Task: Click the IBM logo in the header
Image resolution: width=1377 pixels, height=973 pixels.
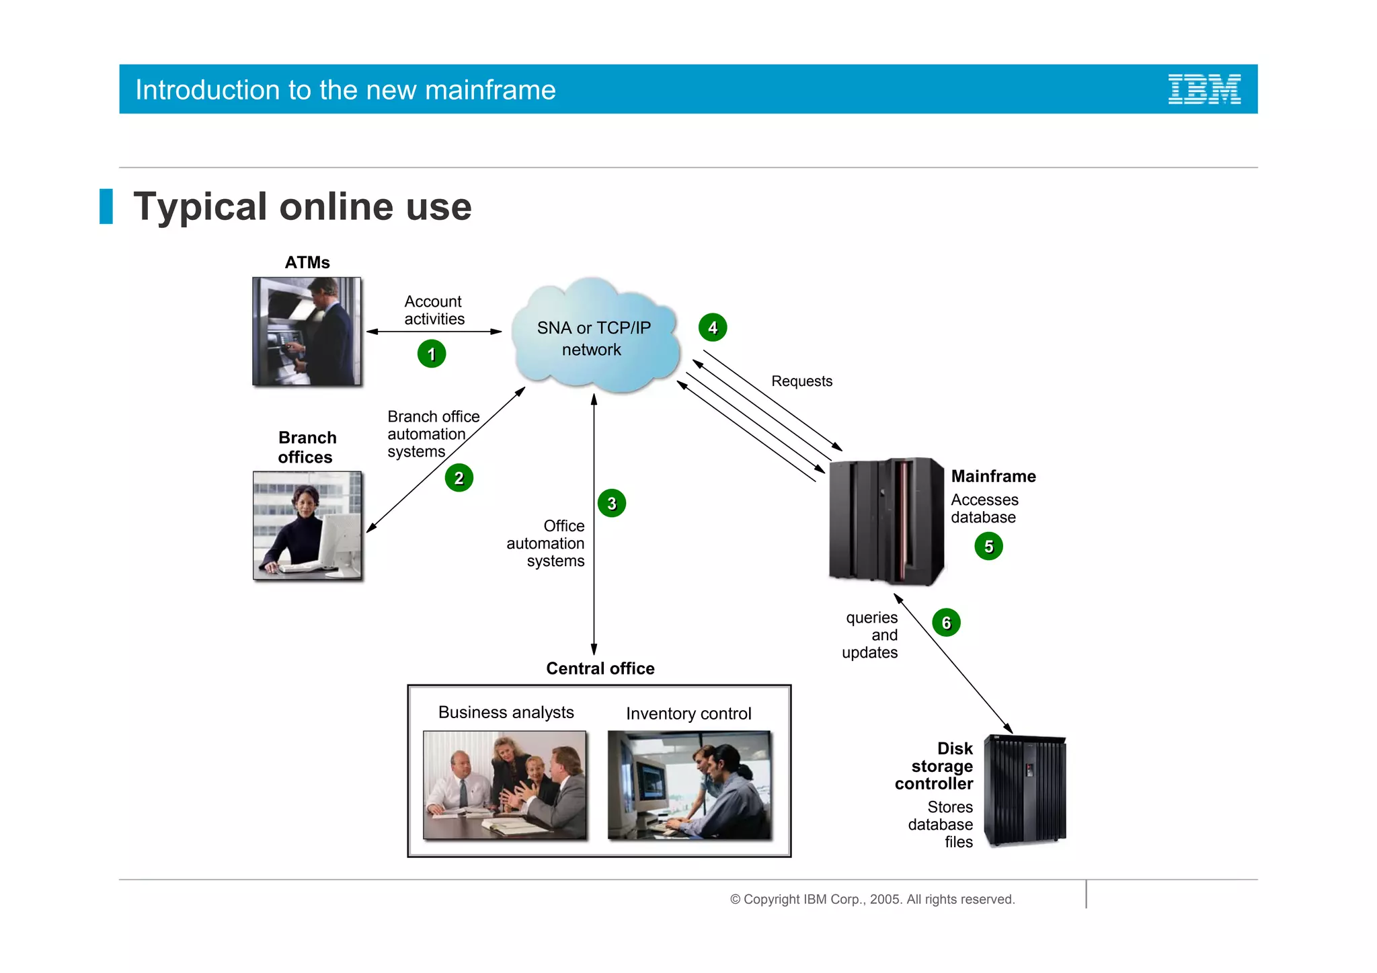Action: [x=1204, y=89]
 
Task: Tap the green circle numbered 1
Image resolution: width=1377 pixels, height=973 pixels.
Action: [x=432, y=354]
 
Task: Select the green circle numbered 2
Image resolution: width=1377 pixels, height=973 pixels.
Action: [x=459, y=478]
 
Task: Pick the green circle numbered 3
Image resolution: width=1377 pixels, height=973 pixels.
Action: [x=612, y=503]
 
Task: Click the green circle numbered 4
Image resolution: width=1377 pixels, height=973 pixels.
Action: [x=713, y=327]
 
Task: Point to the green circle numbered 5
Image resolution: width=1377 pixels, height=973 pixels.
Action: [x=988, y=546]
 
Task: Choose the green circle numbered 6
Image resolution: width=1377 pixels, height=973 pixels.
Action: [x=946, y=623]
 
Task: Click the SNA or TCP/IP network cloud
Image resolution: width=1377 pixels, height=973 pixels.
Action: [x=594, y=336]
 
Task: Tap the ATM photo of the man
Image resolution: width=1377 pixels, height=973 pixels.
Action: [x=307, y=332]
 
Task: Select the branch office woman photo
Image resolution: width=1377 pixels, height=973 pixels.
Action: [x=307, y=525]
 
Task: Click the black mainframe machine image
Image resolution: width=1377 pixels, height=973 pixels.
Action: [x=886, y=520]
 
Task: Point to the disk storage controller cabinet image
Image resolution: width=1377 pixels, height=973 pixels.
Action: [x=1025, y=791]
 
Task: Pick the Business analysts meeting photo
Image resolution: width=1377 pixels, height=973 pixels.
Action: [x=505, y=785]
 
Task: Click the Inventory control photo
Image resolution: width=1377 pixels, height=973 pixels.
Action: [x=689, y=785]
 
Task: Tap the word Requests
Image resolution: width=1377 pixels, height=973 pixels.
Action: [x=801, y=381]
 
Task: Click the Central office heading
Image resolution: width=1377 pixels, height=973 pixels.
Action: [x=600, y=668]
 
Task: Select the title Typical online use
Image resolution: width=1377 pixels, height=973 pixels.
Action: [x=303, y=206]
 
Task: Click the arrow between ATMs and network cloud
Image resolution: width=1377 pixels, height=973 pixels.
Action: [x=434, y=332]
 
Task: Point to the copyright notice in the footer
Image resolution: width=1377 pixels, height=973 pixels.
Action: [x=872, y=899]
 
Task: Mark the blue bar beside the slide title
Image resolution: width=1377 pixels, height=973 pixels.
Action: [x=106, y=206]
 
